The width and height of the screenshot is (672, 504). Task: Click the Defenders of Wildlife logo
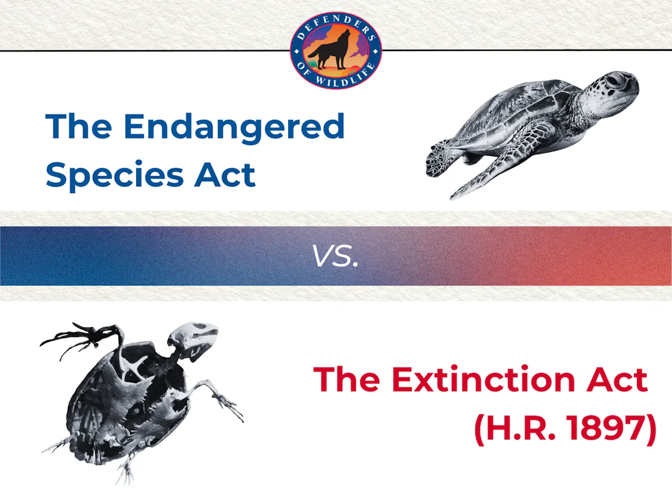click(335, 51)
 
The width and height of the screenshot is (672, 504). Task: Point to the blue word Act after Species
click(225, 175)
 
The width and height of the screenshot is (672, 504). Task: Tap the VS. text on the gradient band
click(335, 256)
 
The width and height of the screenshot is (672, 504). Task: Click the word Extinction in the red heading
click(483, 379)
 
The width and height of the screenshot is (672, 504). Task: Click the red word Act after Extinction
click(617, 379)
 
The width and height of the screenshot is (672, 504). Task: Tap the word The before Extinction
click(347, 379)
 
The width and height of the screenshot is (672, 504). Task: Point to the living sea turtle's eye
click(613, 80)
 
